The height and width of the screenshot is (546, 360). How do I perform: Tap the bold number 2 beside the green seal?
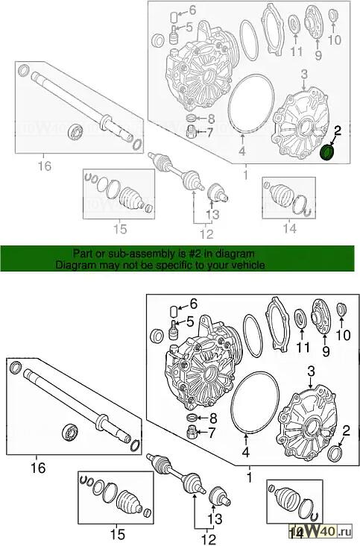click(337, 131)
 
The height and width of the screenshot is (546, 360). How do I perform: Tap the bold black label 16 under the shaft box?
click(37, 467)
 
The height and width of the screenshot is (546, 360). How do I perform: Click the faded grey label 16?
click(45, 166)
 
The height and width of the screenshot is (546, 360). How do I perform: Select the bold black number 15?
click(117, 534)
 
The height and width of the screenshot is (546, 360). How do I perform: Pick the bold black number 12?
click(209, 539)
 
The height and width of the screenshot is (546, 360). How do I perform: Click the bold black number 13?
click(215, 519)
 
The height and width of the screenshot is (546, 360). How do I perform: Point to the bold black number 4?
click(246, 452)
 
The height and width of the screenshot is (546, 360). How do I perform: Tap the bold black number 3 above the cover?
click(311, 371)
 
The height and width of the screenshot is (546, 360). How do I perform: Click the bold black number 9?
click(326, 351)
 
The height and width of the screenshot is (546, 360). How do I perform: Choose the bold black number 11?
click(303, 347)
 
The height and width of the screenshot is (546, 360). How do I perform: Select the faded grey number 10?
click(335, 40)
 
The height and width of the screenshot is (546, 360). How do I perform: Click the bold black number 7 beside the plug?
click(212, 433)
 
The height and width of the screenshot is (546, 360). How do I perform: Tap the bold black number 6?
click(193, 304)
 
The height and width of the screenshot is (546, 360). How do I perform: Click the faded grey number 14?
click(289, 228)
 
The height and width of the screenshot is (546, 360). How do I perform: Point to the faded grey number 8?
click(211, 119)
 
